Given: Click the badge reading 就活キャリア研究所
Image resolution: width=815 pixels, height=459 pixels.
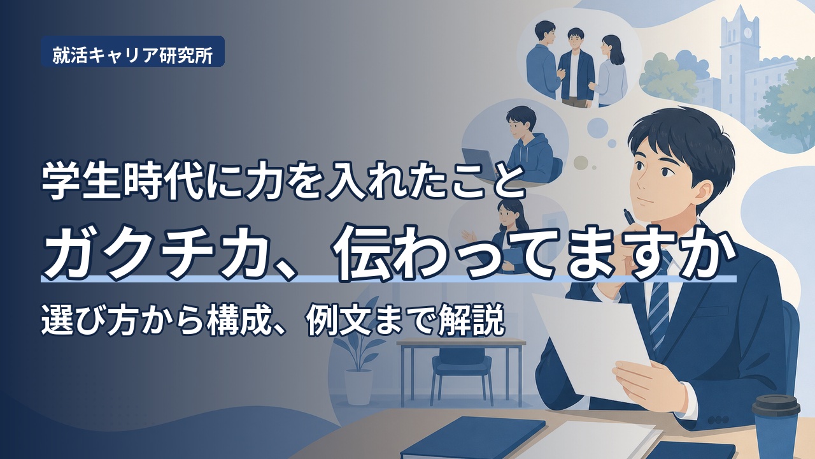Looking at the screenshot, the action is (132, 52).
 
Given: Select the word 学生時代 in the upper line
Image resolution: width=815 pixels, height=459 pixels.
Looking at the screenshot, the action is (123, 182).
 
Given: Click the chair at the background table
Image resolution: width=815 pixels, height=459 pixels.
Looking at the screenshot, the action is (457, 375).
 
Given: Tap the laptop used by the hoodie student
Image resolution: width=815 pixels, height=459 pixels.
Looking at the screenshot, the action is (482, 164).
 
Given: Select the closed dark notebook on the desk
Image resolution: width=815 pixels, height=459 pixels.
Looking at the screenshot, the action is (473, 438).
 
